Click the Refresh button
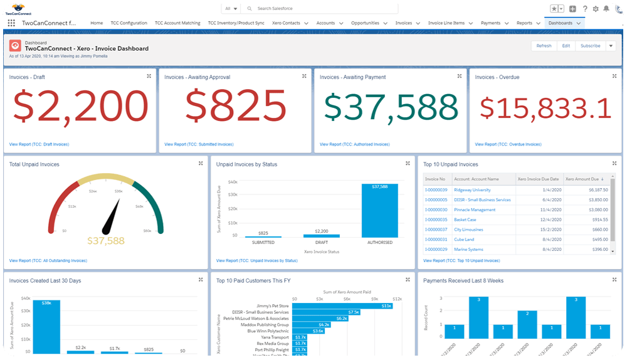(544, 46)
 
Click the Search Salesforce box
(320, 9)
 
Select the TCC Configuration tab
(129, 23)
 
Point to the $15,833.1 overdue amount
(545, 108)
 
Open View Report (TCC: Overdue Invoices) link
(508, 144)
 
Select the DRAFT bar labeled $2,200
(322, 236)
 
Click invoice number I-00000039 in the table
(436, 190)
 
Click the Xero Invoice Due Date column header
(538, 179)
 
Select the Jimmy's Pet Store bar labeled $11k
(342, 306)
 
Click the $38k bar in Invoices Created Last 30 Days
(46, 326)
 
